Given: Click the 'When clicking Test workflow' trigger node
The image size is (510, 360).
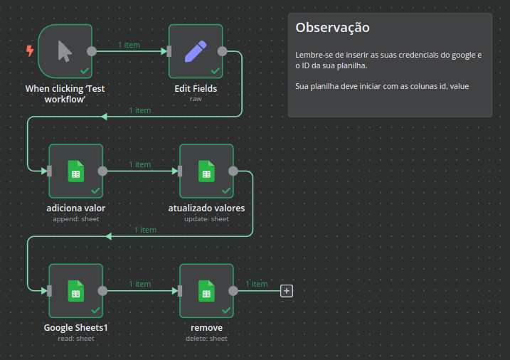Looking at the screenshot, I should coord(65,51).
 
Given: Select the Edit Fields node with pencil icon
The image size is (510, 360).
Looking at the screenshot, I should coord(196,51).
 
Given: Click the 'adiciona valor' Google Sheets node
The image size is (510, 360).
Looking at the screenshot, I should coord(75,171).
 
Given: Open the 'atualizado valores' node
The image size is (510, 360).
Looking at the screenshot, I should coord(206,171).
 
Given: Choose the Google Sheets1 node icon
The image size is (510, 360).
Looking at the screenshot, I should coord(75,290).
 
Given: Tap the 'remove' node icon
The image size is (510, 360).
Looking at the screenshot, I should coord(206,290).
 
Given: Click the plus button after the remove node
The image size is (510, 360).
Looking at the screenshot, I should coord(287,290).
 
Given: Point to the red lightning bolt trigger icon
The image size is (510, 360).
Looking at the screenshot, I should coord(29,51).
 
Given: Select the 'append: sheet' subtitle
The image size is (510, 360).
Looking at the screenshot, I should coord(75,219).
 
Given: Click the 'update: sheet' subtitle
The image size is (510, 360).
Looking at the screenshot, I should coord(206,219).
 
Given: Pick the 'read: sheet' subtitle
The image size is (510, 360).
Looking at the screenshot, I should coord(75,339).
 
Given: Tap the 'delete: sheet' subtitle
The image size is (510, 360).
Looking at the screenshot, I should coord(206,339).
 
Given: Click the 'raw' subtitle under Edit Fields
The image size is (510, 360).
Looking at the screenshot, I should coord(196,99).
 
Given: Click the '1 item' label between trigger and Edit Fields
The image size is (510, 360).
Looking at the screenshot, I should coord(129,45).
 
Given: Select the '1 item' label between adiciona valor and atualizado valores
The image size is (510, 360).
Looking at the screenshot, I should coord(140,164).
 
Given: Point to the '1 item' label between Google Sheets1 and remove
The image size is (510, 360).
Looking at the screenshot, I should coord(140,284).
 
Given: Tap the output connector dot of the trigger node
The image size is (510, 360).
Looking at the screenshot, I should coord(91,51).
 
